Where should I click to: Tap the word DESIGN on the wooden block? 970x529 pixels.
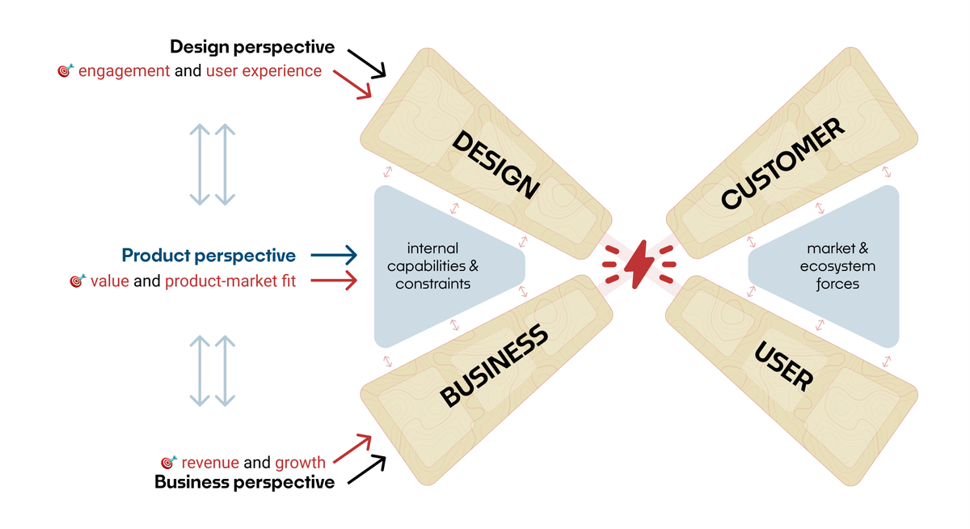coord(496,164)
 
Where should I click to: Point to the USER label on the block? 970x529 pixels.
coord(782,366)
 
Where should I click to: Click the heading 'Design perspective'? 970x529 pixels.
coord(252,48)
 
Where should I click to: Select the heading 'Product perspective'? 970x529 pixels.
coord(209,256)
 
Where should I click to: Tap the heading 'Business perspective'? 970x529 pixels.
coord(244,483)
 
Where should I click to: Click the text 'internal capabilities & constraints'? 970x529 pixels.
coord(432,266)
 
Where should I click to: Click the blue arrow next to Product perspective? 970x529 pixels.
coord(333,256)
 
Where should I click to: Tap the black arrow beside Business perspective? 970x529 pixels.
coord(366,469)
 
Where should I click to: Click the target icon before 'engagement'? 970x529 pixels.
coord(65,71)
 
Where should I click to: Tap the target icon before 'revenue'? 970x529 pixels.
coord(169,463)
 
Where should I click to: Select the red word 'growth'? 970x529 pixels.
coord(300,463)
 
